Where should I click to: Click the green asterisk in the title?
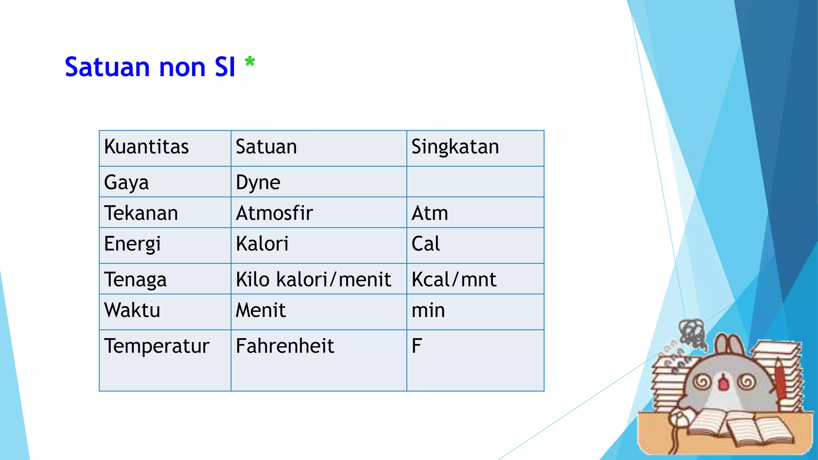pos(250,62)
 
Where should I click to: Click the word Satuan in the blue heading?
pos(107,67)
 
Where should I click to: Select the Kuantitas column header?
pos(146,147)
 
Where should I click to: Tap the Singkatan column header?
pos(455,147)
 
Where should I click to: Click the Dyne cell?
pos(258,182)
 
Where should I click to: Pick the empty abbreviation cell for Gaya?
pos(475,182)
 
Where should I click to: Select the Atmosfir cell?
pos(274,213)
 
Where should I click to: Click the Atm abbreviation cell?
pos(430,213)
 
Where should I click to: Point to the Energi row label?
pos(132,244)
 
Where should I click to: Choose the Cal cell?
pos(426,244)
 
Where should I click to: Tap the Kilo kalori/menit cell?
pos(313,279)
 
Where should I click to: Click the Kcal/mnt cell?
pos(454,279)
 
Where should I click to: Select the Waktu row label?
pos(132,310)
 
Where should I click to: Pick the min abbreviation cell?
pos(428,310)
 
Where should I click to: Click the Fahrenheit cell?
pos(285,346)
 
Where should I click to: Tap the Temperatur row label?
pos(157,346)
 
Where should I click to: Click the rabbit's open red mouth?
pos(724,383)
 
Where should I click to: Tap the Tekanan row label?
pos(141,213)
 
